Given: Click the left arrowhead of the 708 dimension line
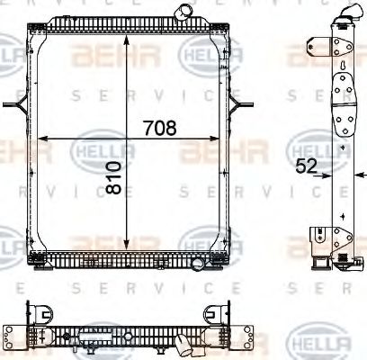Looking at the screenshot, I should click(48, 137).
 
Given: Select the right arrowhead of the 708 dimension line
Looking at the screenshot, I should click(218, 137).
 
